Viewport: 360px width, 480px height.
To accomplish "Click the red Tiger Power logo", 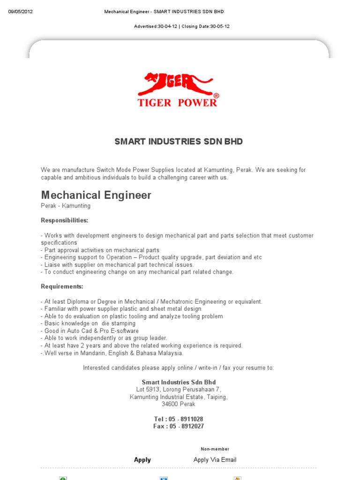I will [x=178, y=90].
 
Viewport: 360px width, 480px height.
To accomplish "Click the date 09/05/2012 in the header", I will [x=21, y=12].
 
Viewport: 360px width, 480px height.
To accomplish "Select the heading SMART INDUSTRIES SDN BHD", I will [x=179, y=142].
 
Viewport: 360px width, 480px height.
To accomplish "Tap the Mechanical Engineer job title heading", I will [x=96, y=195].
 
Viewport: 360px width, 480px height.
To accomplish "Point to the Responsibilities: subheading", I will [x=64, y=220].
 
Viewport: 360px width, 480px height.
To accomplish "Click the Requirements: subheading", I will [x=62, y=286].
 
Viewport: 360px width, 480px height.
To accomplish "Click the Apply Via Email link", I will [x=215, y=460].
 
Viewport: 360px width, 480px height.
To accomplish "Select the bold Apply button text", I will [x=142, y=460].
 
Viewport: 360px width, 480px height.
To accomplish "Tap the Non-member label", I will [x=215, y=449].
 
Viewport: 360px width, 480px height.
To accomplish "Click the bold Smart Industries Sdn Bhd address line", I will [x=179, y=382].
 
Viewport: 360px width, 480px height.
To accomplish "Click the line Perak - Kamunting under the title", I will [x=66, y=206].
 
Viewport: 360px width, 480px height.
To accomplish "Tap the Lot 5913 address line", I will [x=179, y=390].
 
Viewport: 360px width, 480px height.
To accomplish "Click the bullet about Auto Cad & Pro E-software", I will [x=90, y=331].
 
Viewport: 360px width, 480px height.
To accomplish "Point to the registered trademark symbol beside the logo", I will [x=216, y=96].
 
